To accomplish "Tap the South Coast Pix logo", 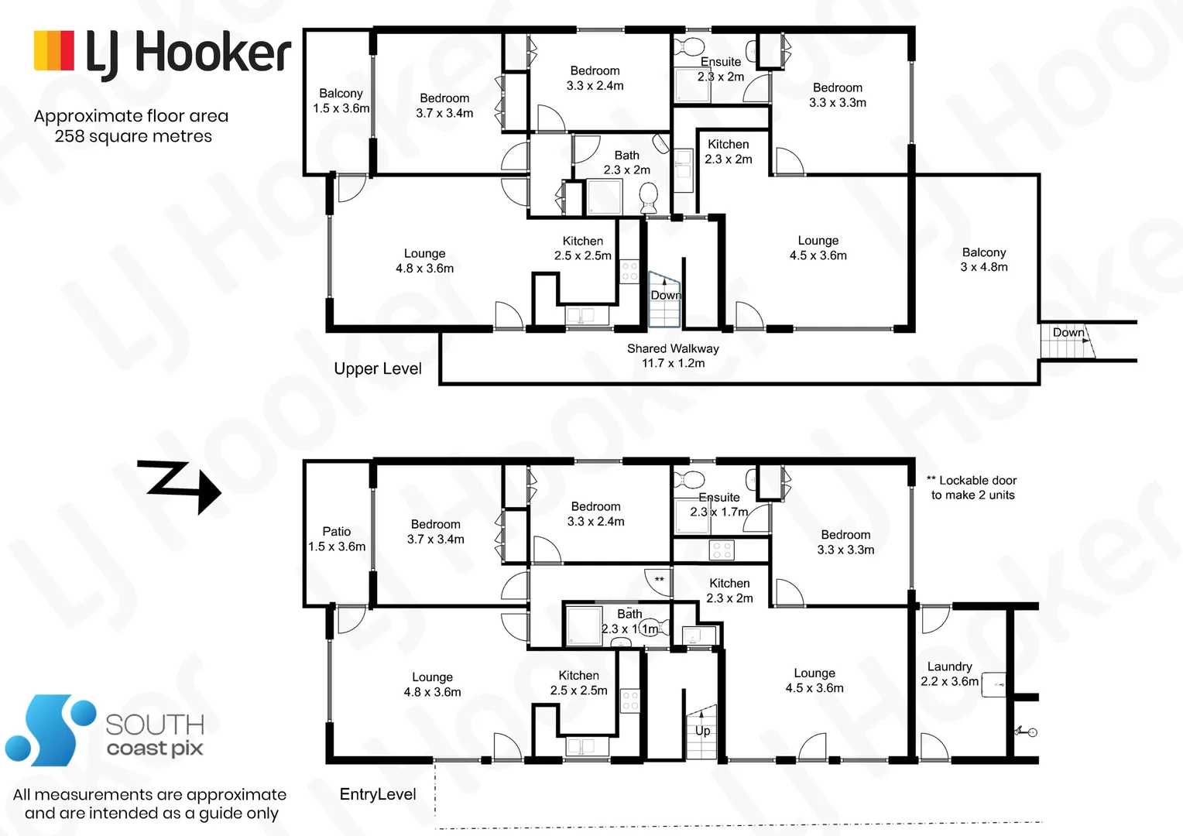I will [x=105, y=731].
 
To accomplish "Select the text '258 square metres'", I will [x=133, y=136].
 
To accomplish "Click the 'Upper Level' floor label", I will [x=378, y=368].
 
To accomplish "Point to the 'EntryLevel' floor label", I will [x=378, y=794].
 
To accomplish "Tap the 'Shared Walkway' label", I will [x=673, y=355].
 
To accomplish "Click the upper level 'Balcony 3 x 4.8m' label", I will [x=984, y=259].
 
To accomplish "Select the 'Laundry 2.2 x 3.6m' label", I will [x=949, y=673].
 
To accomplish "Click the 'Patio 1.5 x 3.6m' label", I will [x=337, y=539].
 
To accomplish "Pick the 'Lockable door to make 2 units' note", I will [x=972, y=488].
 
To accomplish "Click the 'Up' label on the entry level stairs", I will [x=702, y=731].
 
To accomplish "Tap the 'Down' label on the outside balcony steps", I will [x=1068, y=332].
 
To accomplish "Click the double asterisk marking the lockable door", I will [x=659, y=579].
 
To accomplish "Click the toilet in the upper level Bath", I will [x=648, y=197].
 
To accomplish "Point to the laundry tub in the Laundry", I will [x=993, y=685].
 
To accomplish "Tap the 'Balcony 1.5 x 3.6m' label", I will [x=341, y=101].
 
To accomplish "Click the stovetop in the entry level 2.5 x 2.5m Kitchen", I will [x=630, y=701].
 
